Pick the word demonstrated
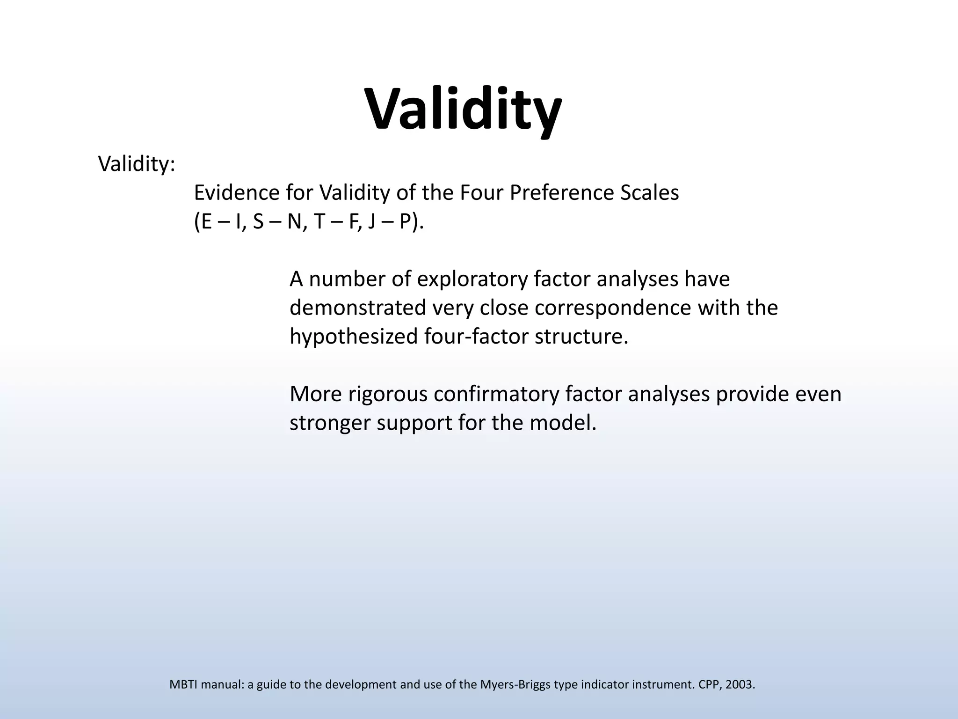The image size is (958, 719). tap(357, 308)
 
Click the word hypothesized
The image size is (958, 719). tap(353, 337)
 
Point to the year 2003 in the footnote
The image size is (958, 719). tap(739, 685)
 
